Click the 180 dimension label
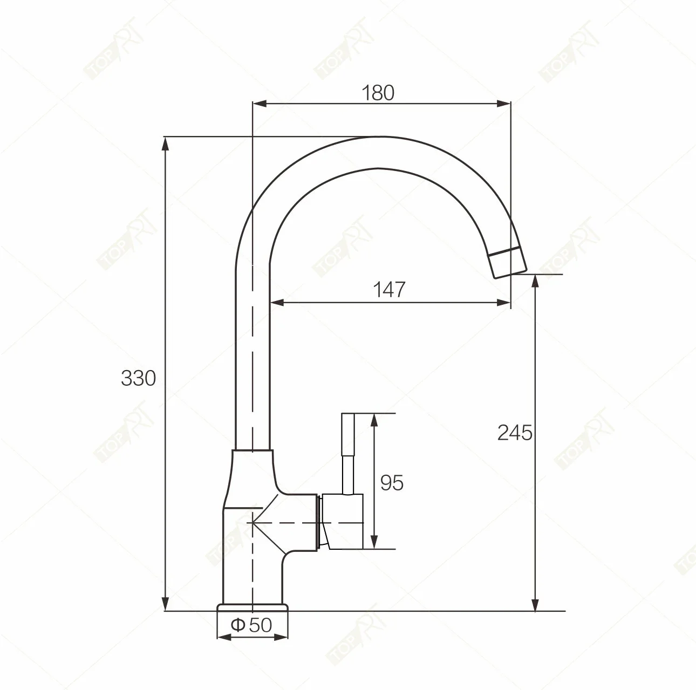pos(378,93)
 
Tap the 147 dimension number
pos(389,289)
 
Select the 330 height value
pos(138,379)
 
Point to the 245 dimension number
pos(515,433)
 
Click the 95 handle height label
pos(392,482)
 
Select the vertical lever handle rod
pos(348,453)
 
